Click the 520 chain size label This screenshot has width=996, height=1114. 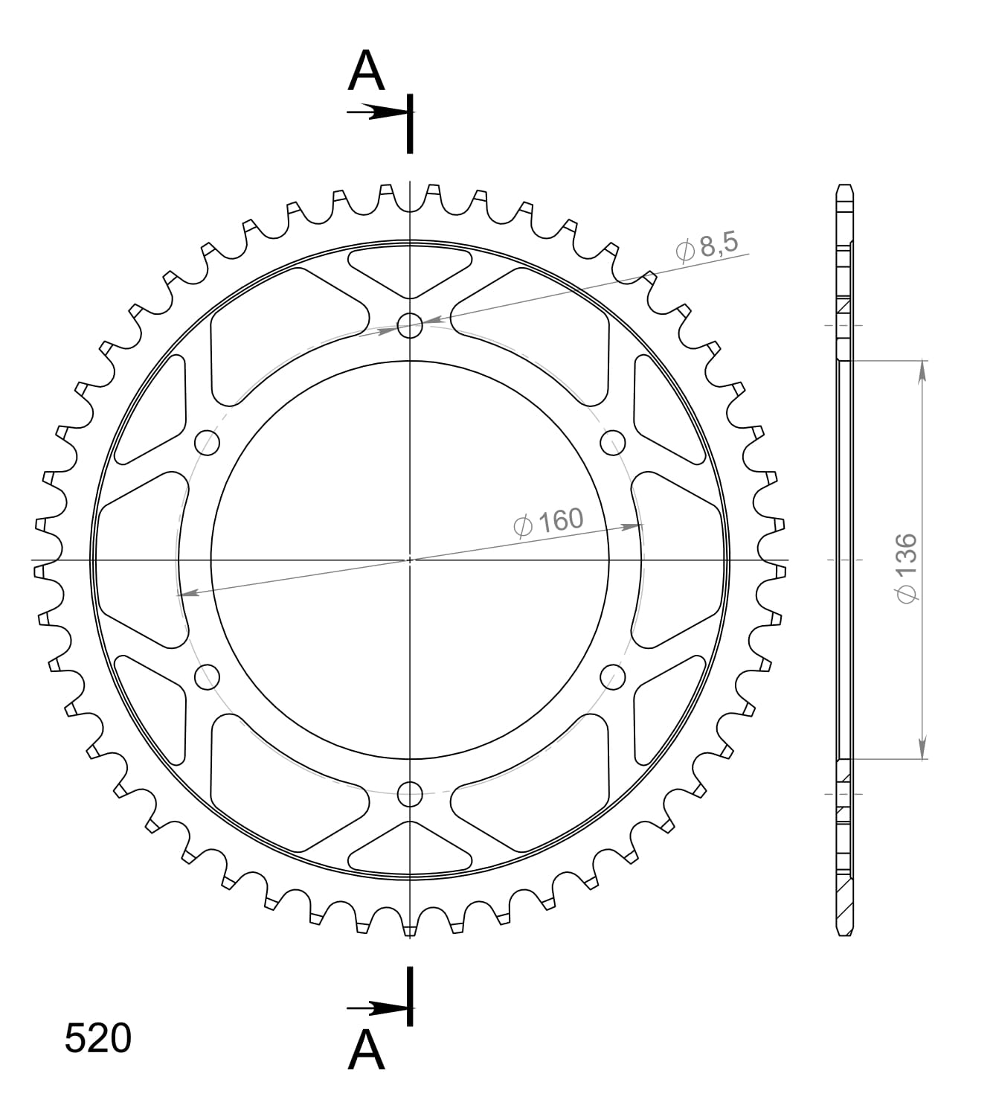(x=98, y=1039)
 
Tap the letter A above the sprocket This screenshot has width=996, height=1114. (x=366, y=71)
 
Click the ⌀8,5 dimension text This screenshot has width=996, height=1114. (x=707, y=247)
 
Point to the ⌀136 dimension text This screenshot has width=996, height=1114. (x=907, y=568)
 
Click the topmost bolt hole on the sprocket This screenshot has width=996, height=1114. (x=410, y=325)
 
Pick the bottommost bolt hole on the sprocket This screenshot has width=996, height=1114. (x=410, y=794)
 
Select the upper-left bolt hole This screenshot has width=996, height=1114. (x=208, y=443)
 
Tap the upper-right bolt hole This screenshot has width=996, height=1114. (x=612, y=443)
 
